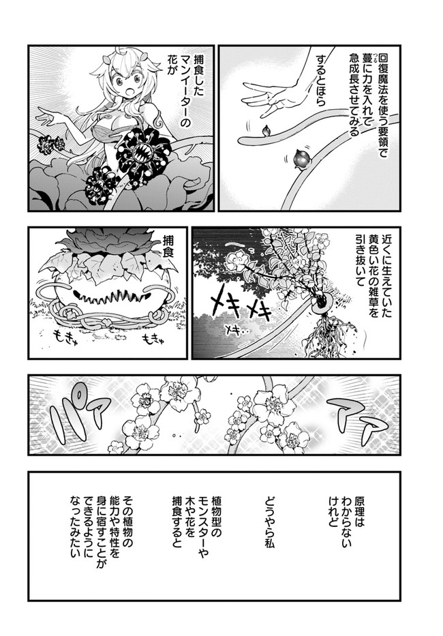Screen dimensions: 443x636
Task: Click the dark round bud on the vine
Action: [301, 160]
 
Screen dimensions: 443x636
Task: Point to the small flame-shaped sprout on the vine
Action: [266, 131]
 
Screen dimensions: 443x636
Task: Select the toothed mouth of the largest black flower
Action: [143, 154]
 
